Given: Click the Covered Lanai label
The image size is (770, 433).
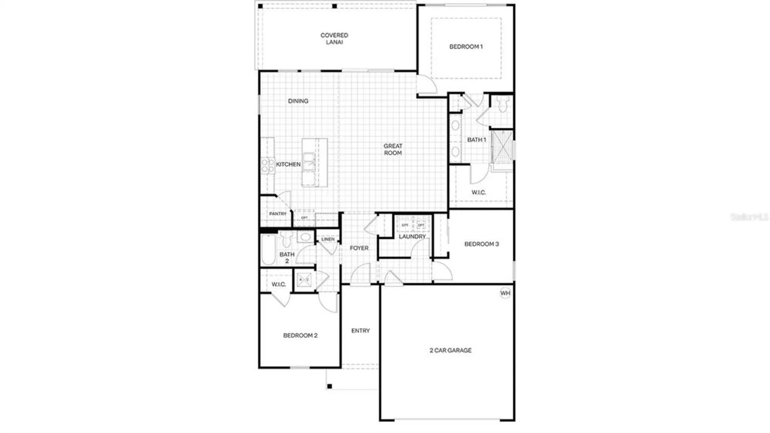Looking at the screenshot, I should [x=334, y=39].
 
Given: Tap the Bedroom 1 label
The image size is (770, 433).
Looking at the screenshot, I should [x=466, y=47].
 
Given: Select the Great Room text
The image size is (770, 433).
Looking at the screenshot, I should [x=393, y=149].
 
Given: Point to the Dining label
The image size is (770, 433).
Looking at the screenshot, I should [x=298, y=101].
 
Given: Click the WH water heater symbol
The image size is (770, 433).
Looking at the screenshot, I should [x=505, y=293].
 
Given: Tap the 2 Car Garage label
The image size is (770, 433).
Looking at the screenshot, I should [x=450, y=350].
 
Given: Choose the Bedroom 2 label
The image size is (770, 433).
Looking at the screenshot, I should [x=300, y=336].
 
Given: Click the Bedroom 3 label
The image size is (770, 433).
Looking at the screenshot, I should [x=482, y=244].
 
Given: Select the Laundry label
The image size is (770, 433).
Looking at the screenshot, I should [x=412, y=237].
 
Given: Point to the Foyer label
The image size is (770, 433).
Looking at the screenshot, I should [x=359, y=248].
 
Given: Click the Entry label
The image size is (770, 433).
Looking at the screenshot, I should [x=360, y=331].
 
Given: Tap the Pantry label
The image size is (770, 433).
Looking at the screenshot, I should [x=278, y=214].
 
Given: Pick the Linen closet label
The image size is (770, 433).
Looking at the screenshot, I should [x=328, y=239].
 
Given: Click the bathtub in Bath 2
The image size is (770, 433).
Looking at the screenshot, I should [x=268, y=250].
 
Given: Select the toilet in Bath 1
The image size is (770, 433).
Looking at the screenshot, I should [x=502, y=104].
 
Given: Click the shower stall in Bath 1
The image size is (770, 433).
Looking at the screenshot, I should [x=502, y=147].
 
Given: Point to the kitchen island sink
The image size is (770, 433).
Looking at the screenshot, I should [x=309, y=161].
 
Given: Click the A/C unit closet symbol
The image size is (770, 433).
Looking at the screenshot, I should [x=304, y=279].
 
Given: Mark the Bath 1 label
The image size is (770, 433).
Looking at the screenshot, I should [x=477, y=140].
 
